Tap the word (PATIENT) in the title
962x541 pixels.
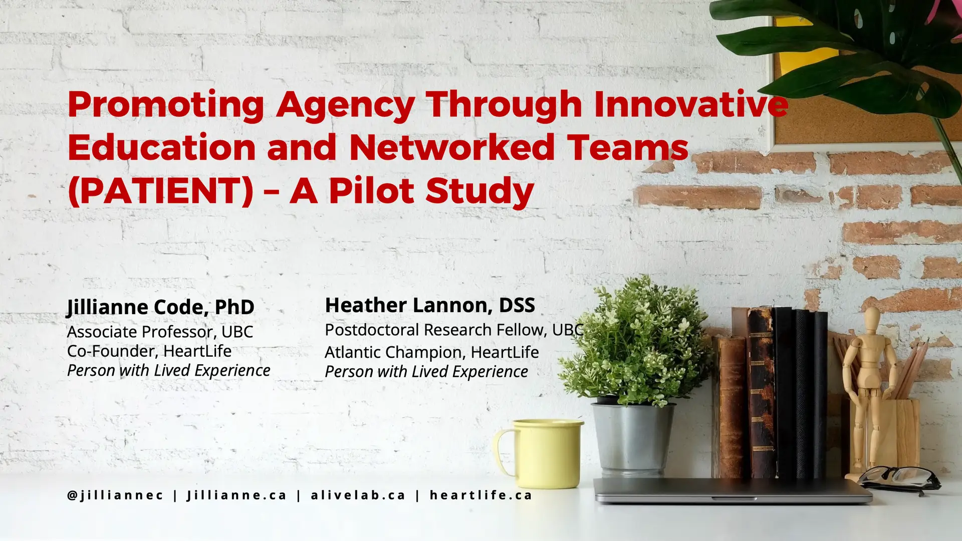coord(161,191)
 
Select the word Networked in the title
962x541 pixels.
coord(451,147)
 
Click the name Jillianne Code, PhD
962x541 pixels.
coord(161,307)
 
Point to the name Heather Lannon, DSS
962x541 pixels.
coord(430,305)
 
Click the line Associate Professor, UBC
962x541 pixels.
coord(160,332)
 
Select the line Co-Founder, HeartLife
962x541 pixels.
coord(149,351)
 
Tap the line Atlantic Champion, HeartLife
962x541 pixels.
coord(432,352)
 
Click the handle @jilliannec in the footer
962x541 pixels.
coord(115,495)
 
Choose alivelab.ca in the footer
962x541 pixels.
coord(358,495)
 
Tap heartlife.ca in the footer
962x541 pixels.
coord(481,495)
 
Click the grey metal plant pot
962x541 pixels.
coord(633,438)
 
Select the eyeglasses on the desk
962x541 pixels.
coord(899,479)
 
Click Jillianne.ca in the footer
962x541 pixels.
coord(236,495)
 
